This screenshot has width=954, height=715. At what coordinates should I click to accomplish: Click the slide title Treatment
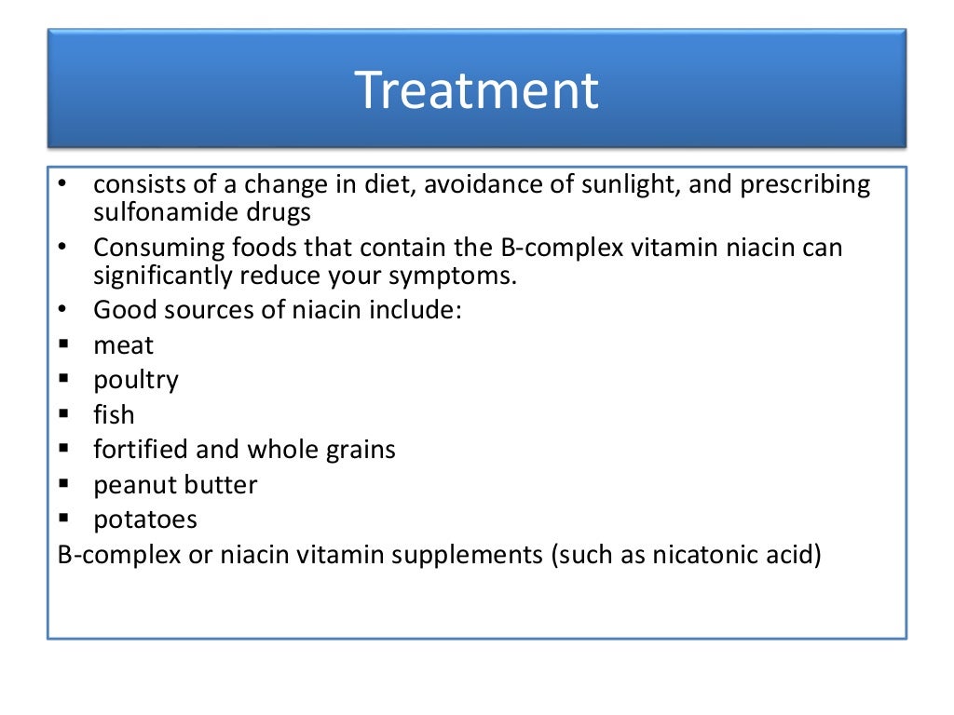tap(476, 90)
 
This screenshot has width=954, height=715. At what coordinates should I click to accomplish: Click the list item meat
tap(123, 345)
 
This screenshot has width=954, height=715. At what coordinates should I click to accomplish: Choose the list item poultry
tap(136, 381)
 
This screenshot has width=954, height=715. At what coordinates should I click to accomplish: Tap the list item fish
tap(114, 414)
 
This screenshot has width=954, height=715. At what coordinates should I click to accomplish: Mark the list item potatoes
tap(144, 519)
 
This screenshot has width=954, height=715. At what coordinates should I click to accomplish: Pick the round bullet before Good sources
tap(62, 309)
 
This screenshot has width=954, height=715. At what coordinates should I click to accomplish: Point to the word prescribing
tap(805, 185)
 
